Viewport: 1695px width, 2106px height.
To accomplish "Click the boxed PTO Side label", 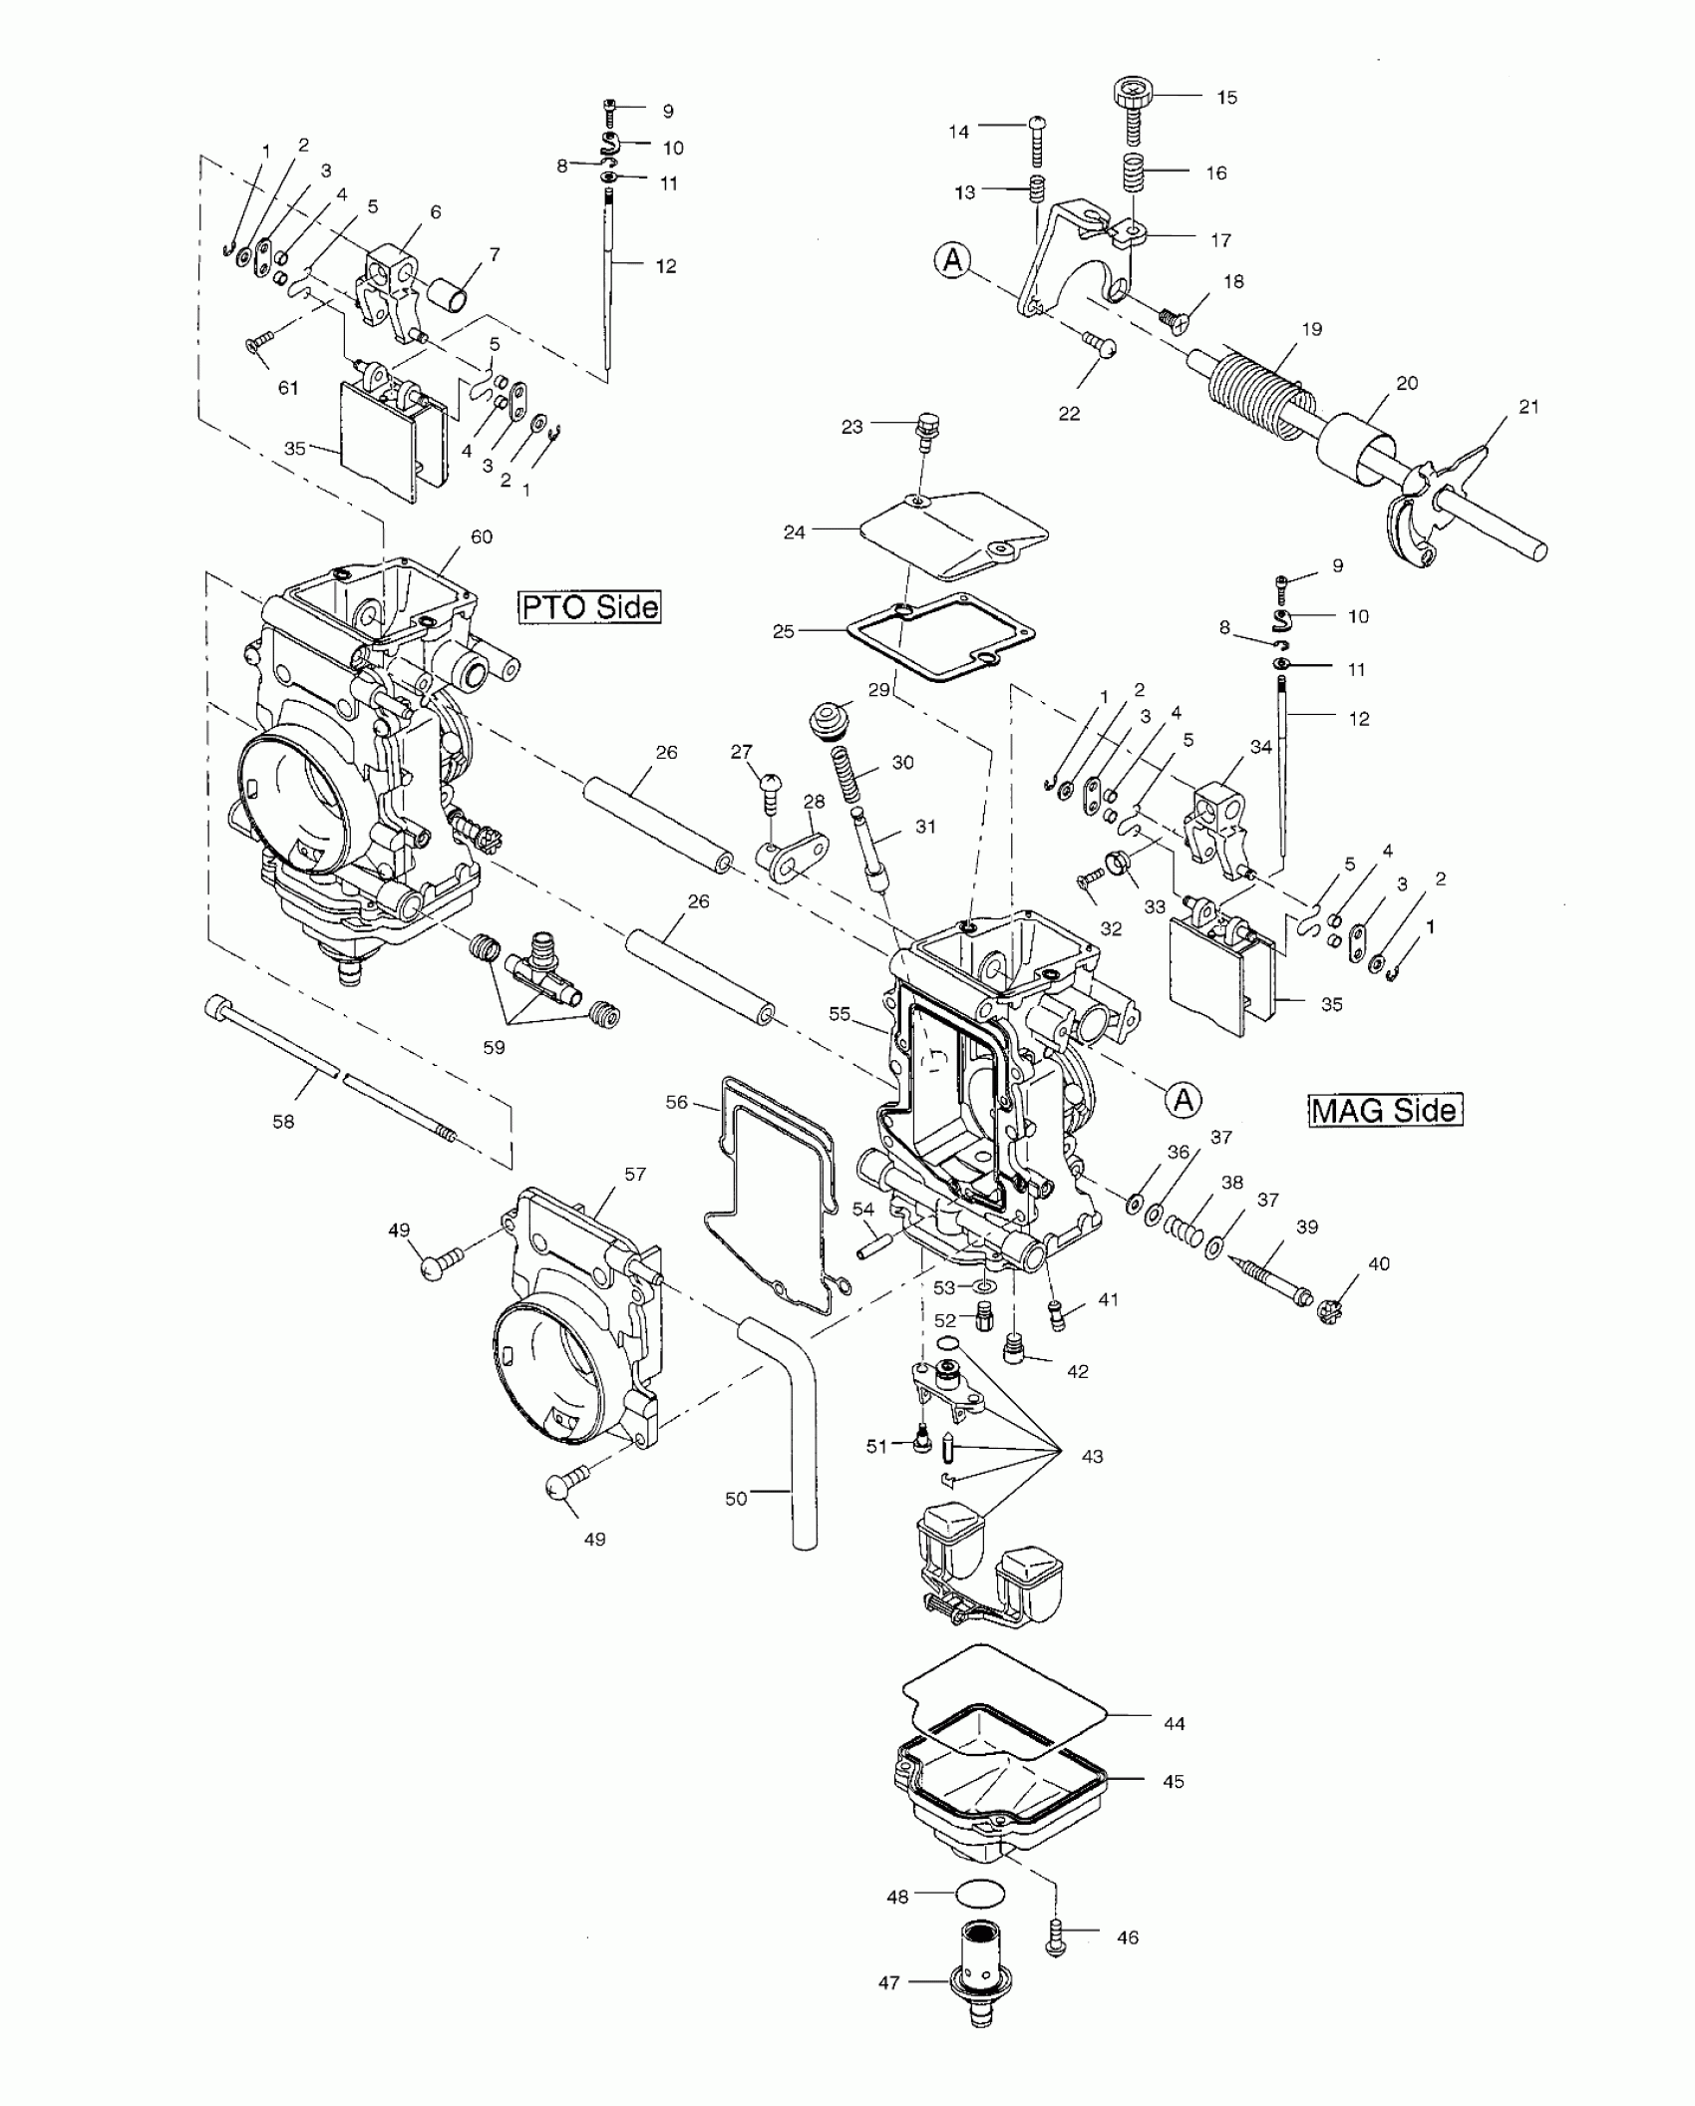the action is coord(589,606).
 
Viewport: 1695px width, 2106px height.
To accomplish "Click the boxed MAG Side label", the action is coord(1385,1110).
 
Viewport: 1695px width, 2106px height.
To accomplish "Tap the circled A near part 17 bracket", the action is coord(953,260).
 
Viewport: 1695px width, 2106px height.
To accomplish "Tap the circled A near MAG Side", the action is coord(1184,1099).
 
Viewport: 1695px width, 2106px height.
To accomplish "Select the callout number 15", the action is coord(1226,98).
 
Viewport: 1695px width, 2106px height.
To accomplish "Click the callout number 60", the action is coord(482,537).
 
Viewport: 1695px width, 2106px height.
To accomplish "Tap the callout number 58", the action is coord(283,1122).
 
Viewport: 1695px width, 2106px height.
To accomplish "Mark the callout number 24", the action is coord(795,532).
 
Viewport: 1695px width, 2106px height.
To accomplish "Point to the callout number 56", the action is coord(677,1102).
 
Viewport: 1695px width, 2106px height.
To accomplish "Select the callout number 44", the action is coord(1175,1723).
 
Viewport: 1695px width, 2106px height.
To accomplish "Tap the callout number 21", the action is coord(1528,407).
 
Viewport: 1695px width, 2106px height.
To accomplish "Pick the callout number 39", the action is coord(1307,1228).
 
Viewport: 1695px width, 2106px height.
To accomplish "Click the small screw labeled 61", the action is coord(255,343).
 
